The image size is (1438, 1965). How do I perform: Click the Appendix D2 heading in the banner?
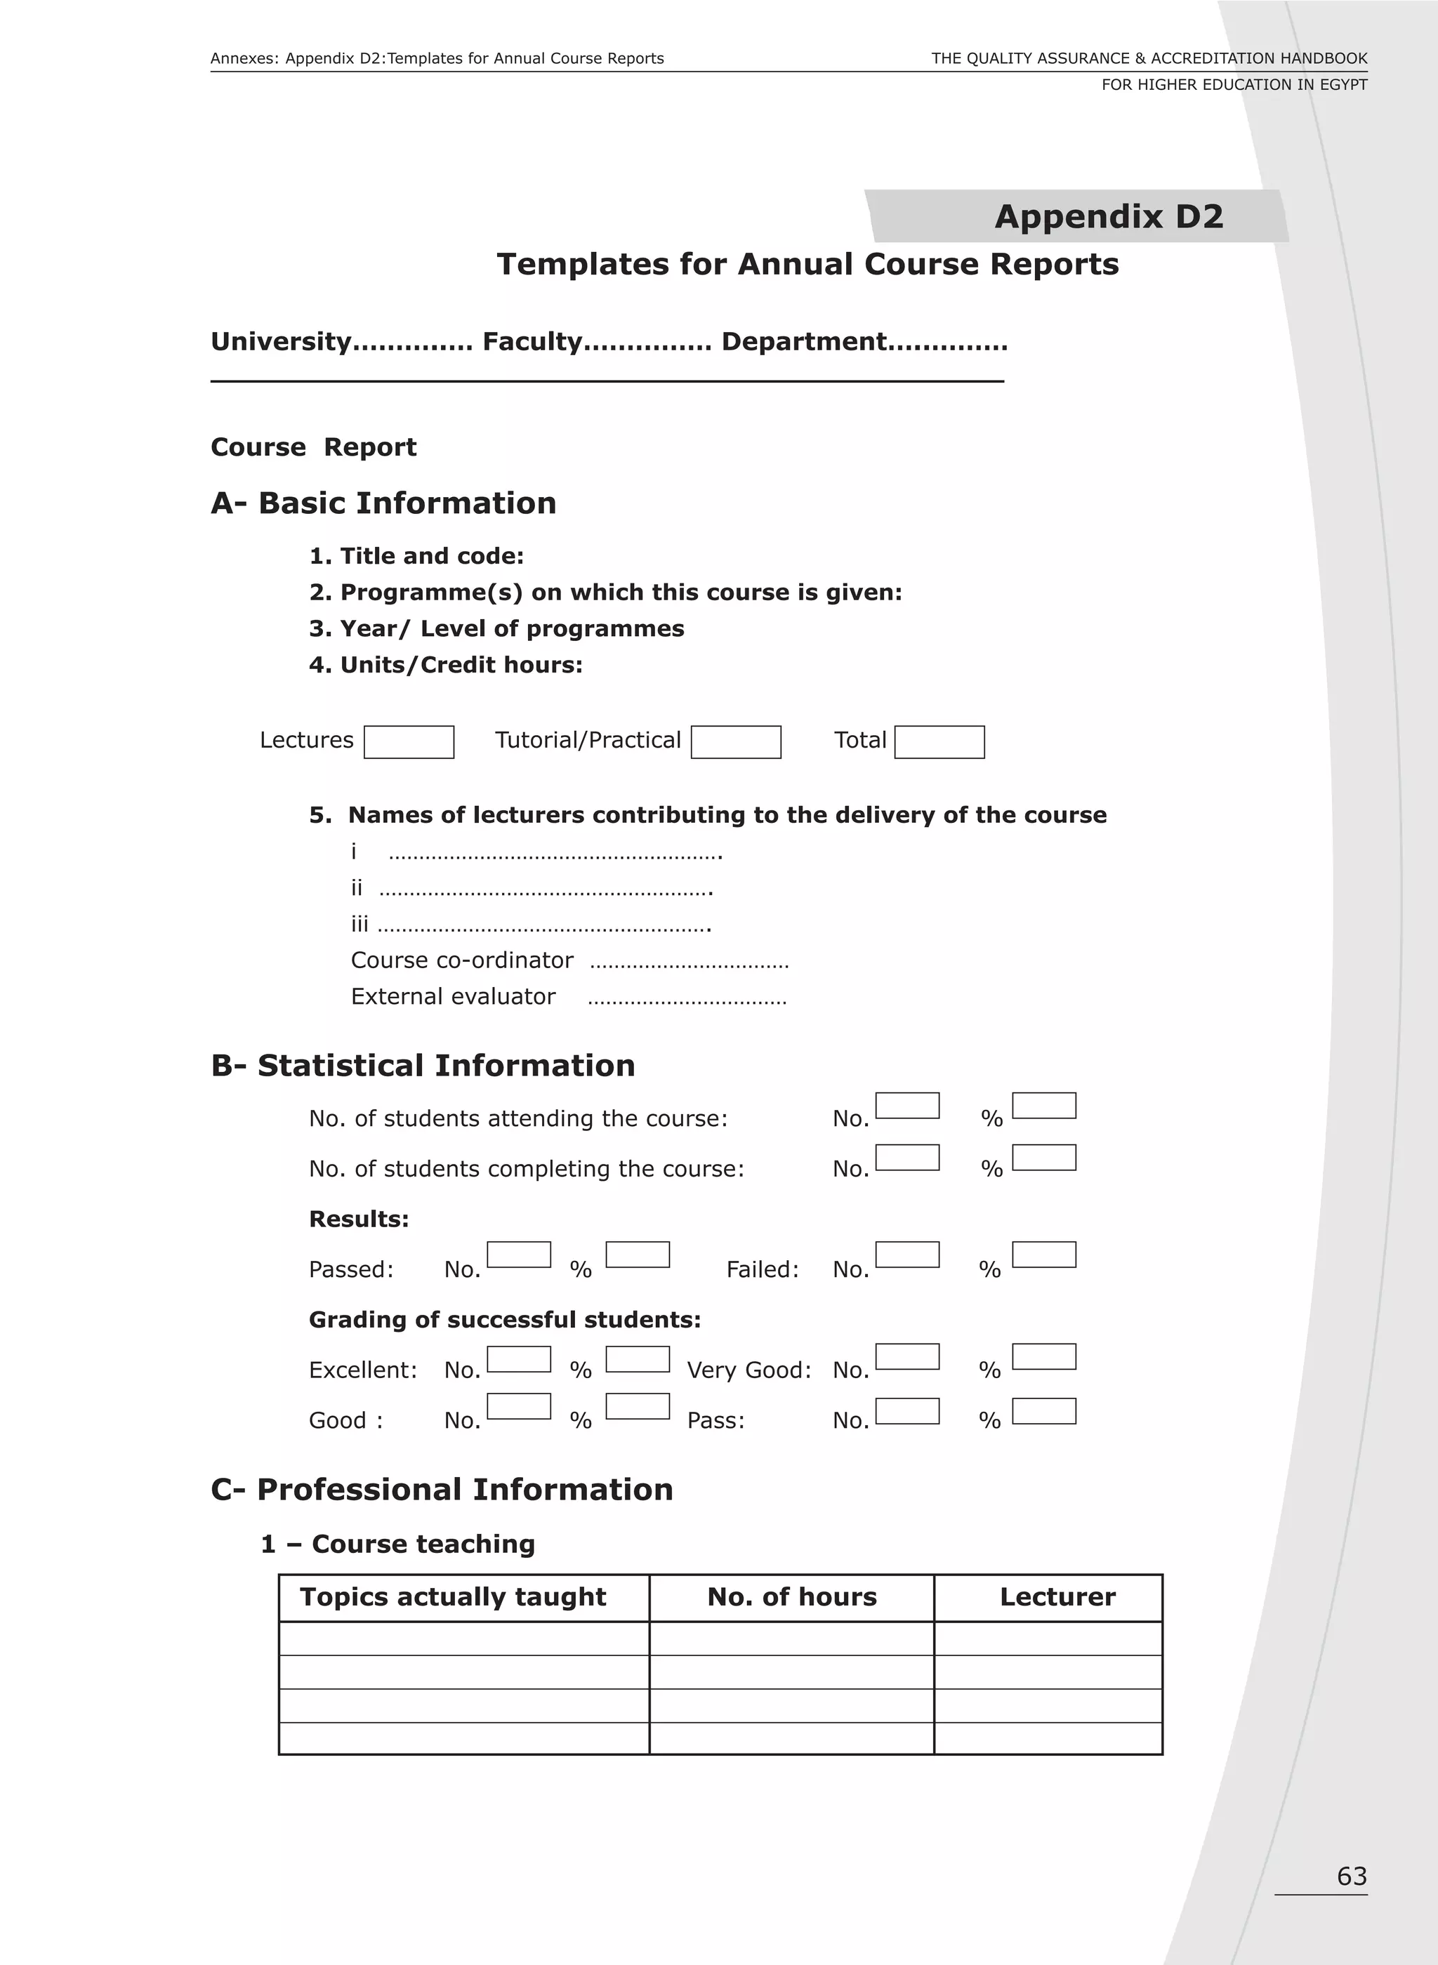click(x=1108, y=217)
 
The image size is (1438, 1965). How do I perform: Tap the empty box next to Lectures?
click(x=408, y=742)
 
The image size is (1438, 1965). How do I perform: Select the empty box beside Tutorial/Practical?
click(x=736, y=742)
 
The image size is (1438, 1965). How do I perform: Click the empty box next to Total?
click(x=939, y=742)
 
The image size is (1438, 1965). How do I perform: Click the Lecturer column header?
click(x=1057, y=1597)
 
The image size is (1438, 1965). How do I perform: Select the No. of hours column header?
click(x=791, y=1597)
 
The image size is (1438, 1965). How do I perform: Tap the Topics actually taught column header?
click(x=453, y=1597)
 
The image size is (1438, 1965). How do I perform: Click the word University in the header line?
click(x=280, y=342)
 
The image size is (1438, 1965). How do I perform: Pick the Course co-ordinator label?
click(x=461, y=961)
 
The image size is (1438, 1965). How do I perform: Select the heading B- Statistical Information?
click(x=423, y=1066)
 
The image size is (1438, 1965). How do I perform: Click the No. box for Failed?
click(x=907, y=1255)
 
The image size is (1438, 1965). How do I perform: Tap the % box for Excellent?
click(x=637, y=1359)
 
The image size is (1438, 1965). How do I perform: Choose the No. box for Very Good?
click(x=907, y=1357)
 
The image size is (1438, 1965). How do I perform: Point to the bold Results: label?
click(x=359, y=1219)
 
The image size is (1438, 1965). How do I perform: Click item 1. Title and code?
click(x=416, y=556)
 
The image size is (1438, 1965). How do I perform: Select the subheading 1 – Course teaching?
click(x=398, y=1544)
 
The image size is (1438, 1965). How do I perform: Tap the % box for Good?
click(x=637, y=1406)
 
